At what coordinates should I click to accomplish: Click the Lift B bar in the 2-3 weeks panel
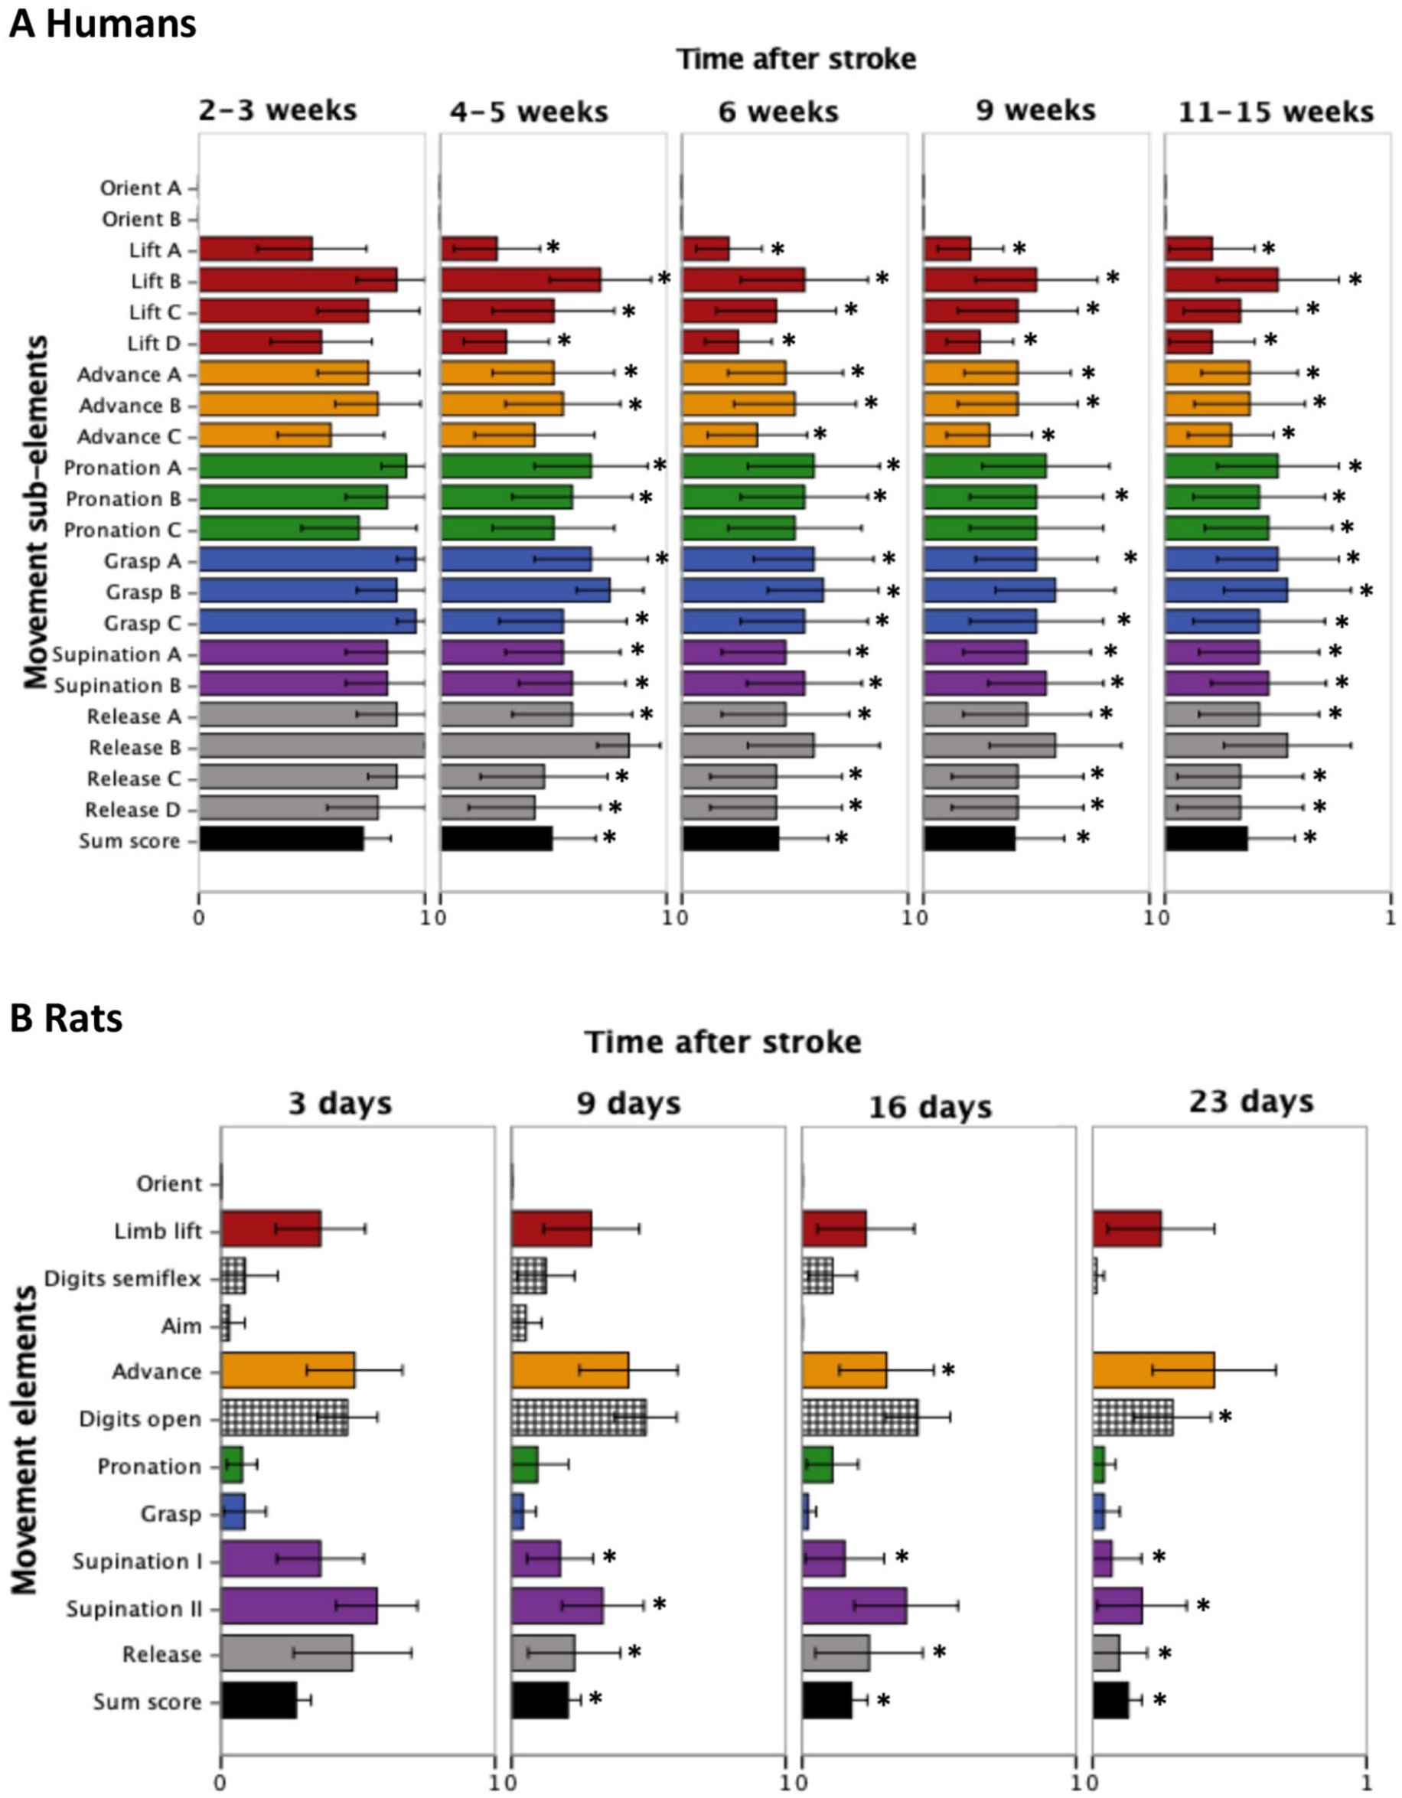298,280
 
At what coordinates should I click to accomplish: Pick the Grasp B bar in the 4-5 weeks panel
525,590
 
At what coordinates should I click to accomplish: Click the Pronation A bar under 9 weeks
985,466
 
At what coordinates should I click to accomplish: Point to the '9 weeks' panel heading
1035,109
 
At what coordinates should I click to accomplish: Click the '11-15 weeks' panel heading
1276,111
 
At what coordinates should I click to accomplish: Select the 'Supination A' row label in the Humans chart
117,654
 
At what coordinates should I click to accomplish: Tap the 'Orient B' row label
142,219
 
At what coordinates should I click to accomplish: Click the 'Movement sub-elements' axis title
34,512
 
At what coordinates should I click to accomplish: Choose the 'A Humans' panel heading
103,23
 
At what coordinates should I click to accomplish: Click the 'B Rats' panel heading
67,1018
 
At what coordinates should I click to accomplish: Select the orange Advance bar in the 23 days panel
1153,1371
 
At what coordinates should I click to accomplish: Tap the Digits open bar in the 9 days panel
579,1417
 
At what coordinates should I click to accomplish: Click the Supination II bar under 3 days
298,1606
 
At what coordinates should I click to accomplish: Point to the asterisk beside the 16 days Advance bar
948,1371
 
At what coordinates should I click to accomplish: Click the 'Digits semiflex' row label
122,1278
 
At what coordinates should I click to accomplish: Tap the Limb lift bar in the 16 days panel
834,1229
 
